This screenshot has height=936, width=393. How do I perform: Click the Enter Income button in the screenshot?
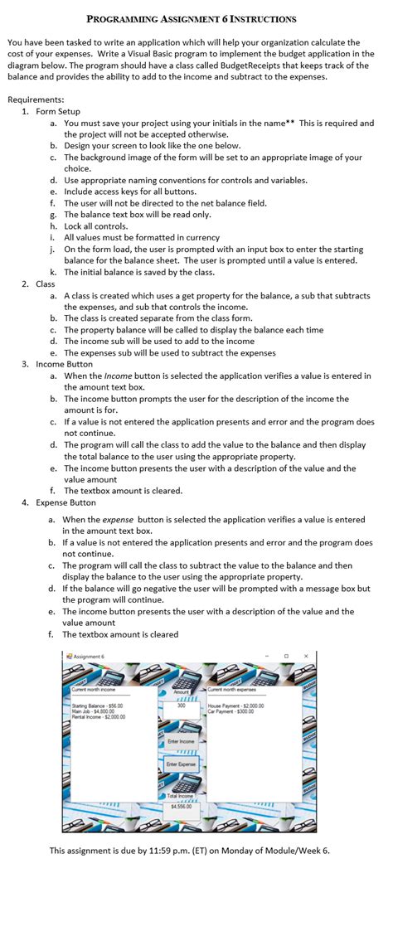181,740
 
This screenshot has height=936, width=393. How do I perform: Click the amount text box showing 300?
181,705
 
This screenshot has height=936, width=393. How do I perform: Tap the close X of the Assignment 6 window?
306,656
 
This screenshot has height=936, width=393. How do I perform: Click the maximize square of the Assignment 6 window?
286,656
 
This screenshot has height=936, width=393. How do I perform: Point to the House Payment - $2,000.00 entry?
235,706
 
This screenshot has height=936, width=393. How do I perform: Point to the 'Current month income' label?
95,689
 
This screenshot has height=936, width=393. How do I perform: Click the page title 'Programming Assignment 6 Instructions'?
191,18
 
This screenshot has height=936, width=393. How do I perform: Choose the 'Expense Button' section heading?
65,502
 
